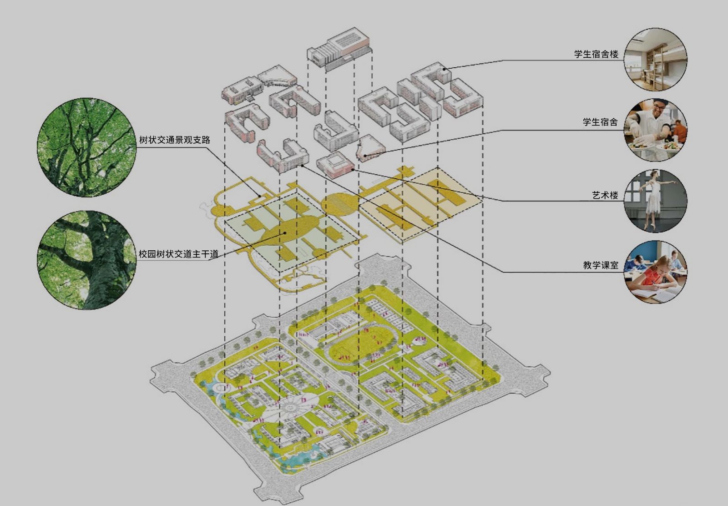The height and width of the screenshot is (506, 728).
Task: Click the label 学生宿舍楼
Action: tap(596, 54)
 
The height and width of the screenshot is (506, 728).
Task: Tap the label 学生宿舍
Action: tap(600, 122)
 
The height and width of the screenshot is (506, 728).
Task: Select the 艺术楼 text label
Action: tap(605, 195)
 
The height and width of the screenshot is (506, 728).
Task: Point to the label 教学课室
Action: tap(601, 265)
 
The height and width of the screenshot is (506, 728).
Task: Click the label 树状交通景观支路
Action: tap(174, 140)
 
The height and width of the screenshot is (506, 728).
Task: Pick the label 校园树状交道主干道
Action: tap(178, 254)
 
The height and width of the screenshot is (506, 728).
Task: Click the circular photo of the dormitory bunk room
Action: tap(655, 60)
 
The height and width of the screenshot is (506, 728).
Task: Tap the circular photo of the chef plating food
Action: tap(655, 130)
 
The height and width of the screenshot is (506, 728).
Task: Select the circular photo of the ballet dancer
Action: tap(655, 201)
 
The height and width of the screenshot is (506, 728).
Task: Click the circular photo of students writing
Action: tap(655, 272)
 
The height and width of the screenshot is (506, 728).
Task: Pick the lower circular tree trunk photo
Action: tap(86, 260)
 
